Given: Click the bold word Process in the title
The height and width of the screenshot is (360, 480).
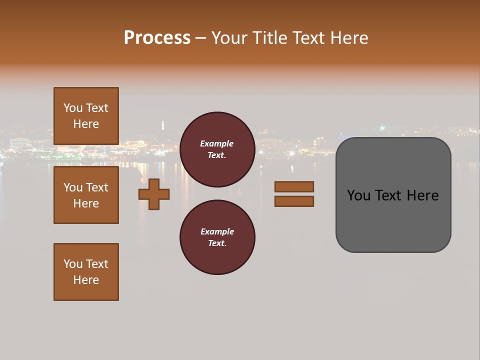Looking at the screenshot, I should click(157, 38).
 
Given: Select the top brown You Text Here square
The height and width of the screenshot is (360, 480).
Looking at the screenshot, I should click(86, 116).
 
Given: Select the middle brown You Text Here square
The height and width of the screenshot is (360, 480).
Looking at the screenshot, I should click(86, 195).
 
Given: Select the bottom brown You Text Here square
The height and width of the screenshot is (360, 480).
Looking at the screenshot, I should click(86, 272).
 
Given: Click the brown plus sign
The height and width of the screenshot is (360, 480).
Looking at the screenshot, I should click(154, 194).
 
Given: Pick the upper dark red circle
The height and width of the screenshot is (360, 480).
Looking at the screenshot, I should click(217, 149).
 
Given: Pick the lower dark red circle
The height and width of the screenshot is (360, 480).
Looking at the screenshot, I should click(217, 237).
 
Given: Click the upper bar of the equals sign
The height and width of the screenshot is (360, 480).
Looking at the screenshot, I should click(294, 186).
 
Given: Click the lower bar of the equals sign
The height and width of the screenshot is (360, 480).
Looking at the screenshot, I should click(294, 201).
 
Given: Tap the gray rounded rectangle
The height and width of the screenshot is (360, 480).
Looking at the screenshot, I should click(393, 220).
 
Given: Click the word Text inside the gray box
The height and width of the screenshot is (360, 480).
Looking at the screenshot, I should click(389, 195).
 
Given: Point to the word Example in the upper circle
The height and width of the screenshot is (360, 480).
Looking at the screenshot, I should click(217, 143).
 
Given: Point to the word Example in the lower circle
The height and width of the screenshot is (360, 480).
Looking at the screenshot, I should click(217, 231).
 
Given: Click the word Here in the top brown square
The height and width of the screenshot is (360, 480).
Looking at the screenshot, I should click(86, 124).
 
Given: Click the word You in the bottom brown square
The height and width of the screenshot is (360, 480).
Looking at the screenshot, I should click(73, 264).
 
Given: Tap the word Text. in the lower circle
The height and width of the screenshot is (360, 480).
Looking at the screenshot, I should click(217, 243).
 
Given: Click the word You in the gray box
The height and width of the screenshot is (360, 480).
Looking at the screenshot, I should click(358, 195).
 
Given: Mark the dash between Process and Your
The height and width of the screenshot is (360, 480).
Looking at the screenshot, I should click(201, 38).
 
